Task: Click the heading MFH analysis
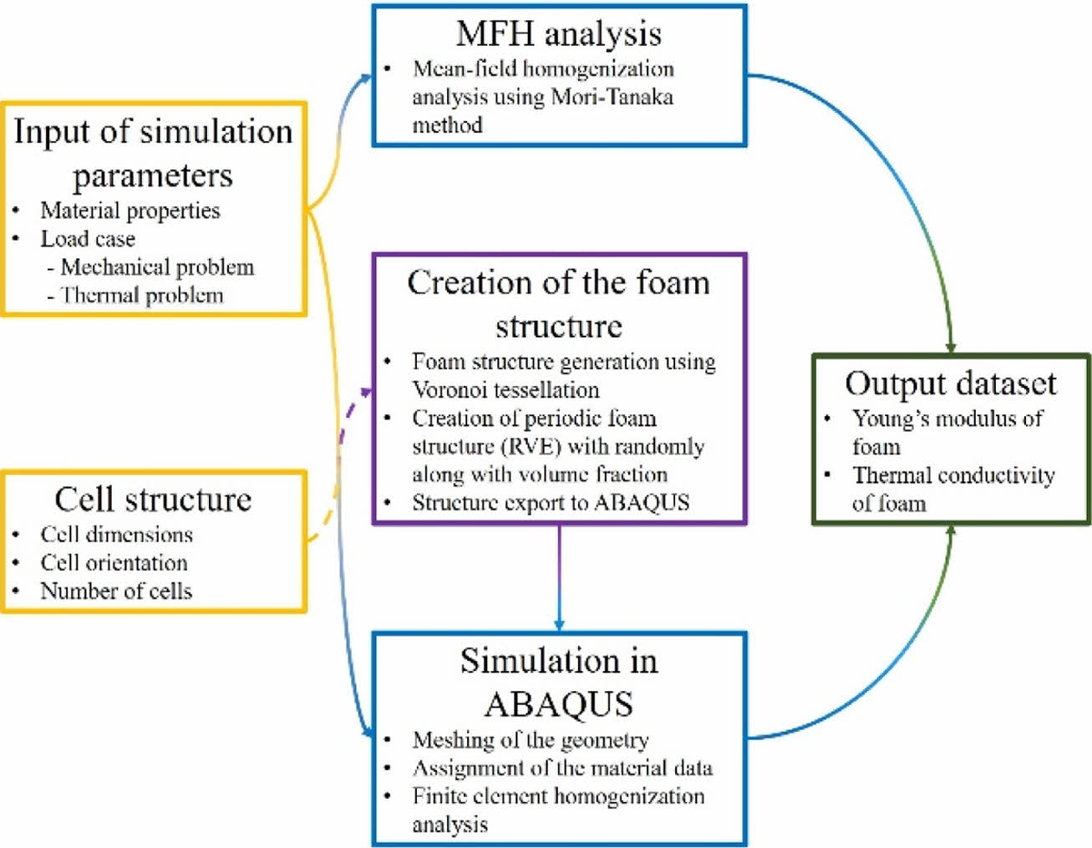558,34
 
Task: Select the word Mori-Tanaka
612,97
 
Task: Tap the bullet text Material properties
130,211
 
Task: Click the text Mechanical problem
157,267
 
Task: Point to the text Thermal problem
142,296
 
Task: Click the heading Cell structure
153,500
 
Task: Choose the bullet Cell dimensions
116,535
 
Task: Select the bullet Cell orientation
114,563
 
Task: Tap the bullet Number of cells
116,592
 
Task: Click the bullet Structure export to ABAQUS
551,503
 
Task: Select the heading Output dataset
951,383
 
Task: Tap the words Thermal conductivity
953,475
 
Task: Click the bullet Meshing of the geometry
531,740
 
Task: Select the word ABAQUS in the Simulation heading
558,703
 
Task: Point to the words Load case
88,239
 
